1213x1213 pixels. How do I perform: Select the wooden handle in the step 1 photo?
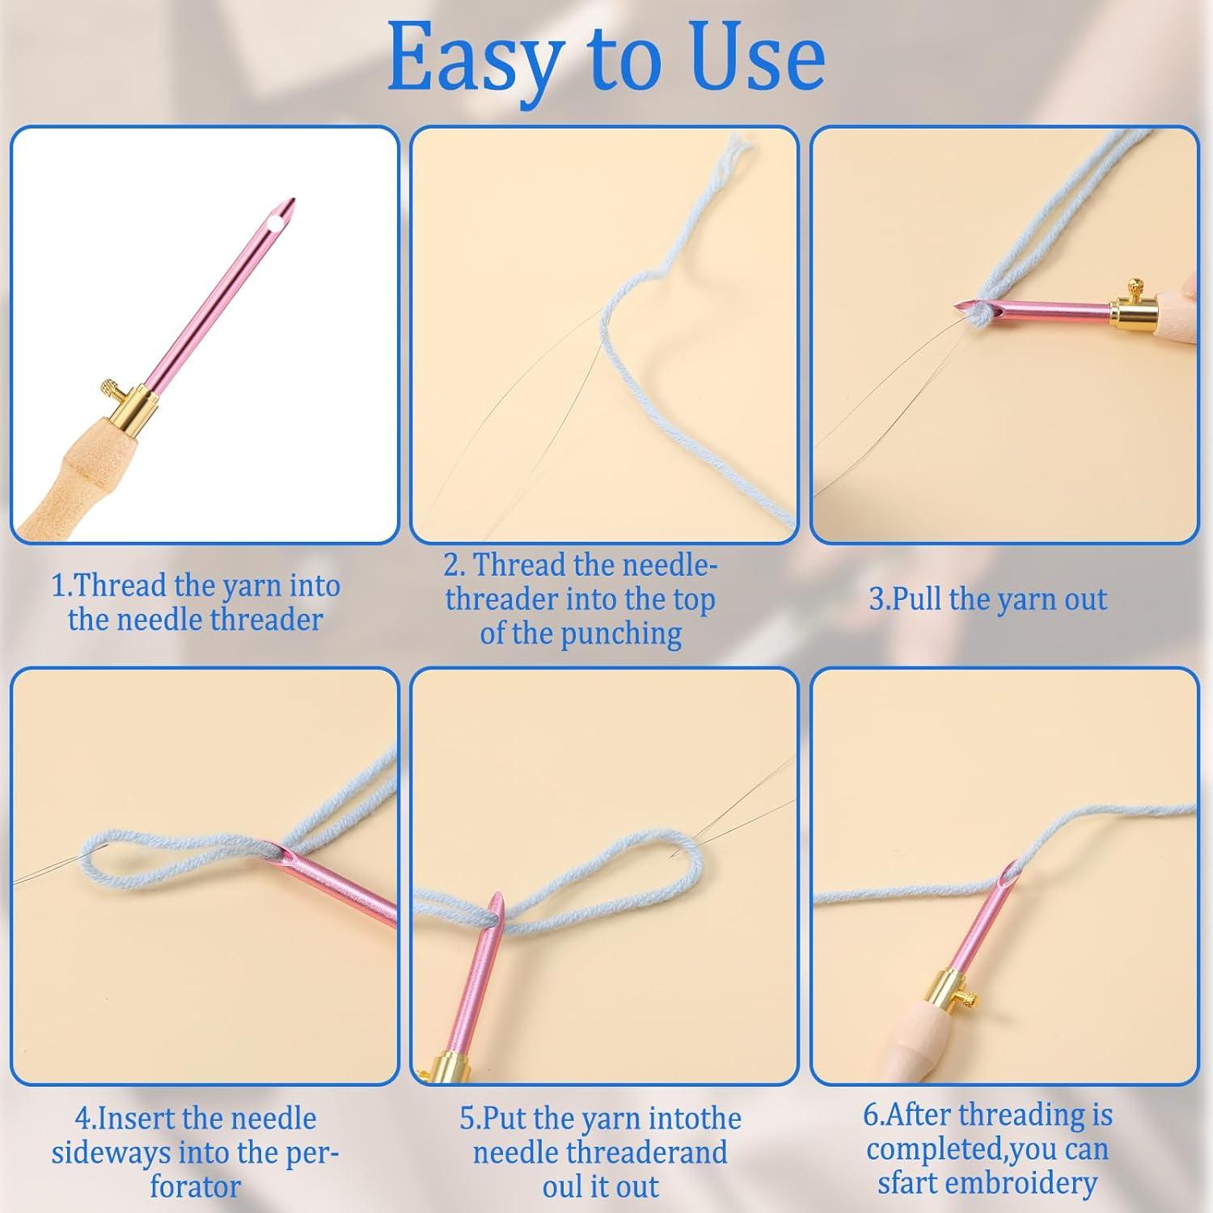69,469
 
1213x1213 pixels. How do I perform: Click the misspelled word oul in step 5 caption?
560,1186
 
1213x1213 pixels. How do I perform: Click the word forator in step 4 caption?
196,1186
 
